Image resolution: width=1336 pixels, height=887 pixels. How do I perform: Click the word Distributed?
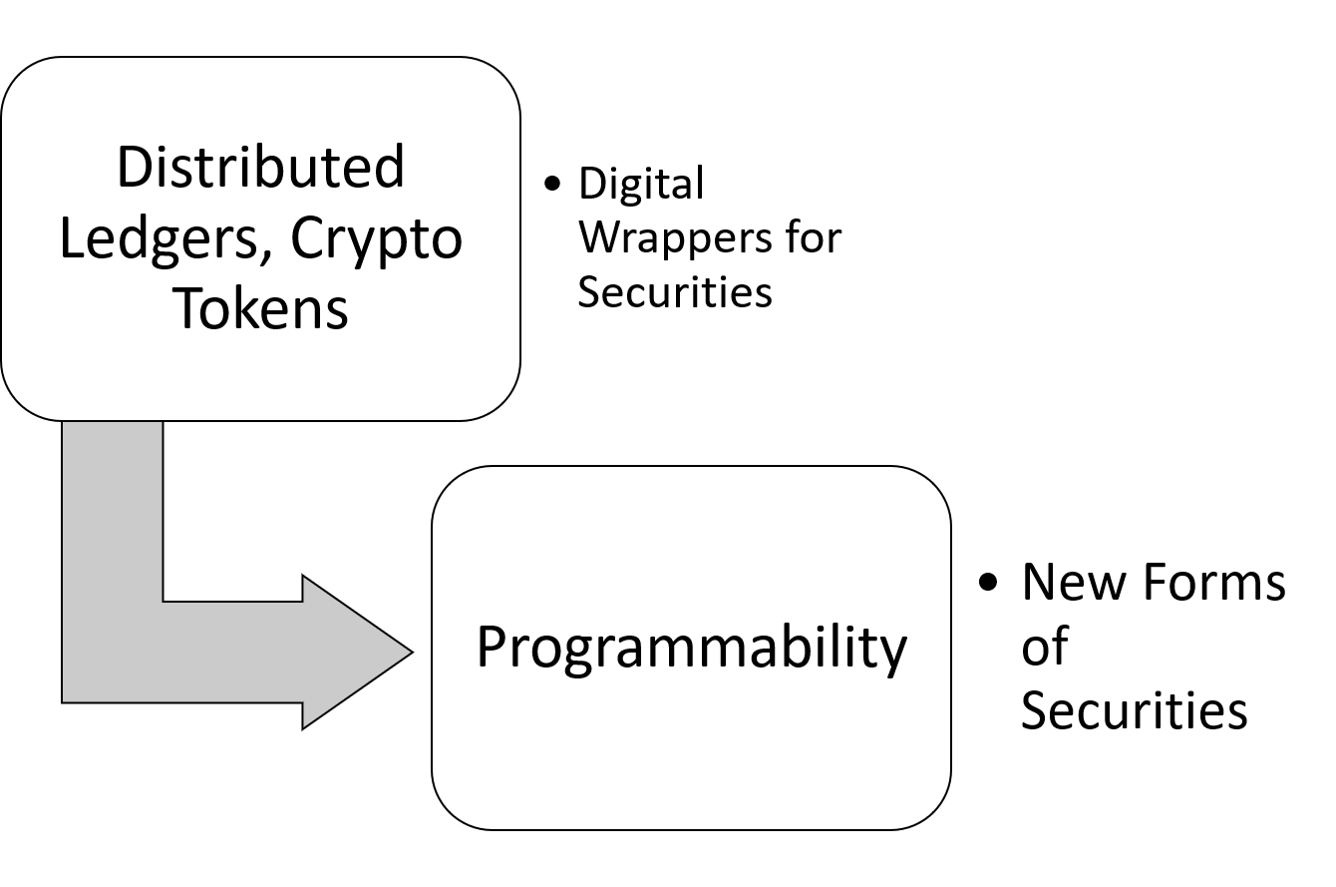click(x=260, y=167)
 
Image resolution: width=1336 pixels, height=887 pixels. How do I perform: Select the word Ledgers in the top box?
click(x=159, y=238)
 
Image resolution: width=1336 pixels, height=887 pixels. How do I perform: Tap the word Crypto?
click(x=376, y=240)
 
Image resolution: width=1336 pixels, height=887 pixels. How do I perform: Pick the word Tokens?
click(x=261, y=308)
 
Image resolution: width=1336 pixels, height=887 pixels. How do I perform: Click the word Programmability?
click(x=691, y=648)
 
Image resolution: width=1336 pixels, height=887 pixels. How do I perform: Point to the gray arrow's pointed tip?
click(x=408, y=653)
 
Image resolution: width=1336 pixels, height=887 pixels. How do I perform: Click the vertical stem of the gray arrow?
click(x=112, y=519)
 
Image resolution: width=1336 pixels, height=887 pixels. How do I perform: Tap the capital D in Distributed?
click(x=134, y=167)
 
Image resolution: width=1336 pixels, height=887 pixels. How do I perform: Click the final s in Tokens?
click(x=336, y=310)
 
